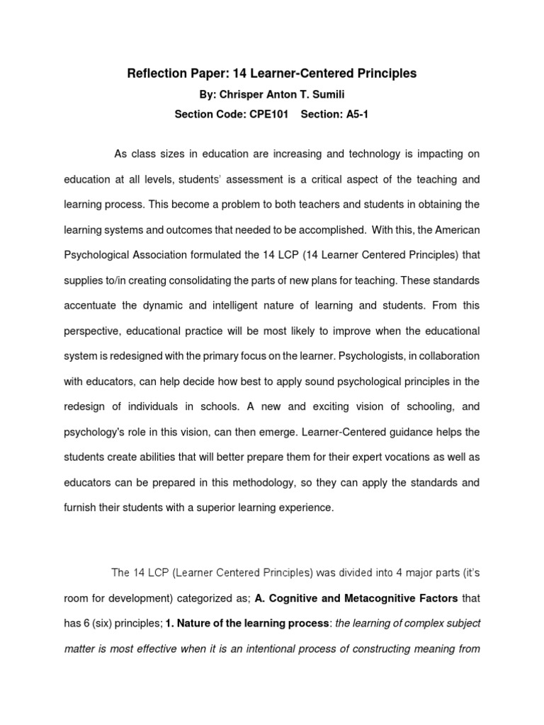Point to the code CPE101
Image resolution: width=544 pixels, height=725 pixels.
click(x=268, y=115)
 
